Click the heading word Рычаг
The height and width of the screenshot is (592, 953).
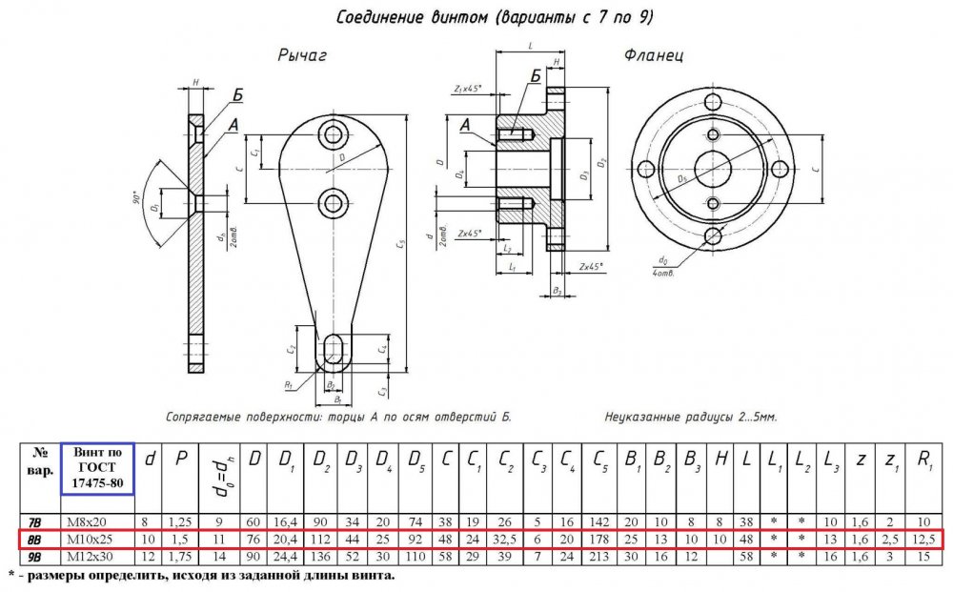302,56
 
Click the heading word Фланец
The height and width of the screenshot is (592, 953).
653,56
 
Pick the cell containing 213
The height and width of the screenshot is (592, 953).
602,557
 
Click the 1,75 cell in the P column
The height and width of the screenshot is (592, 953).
180,557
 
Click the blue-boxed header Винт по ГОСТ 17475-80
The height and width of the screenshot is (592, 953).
95,468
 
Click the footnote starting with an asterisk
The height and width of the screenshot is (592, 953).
200,576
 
